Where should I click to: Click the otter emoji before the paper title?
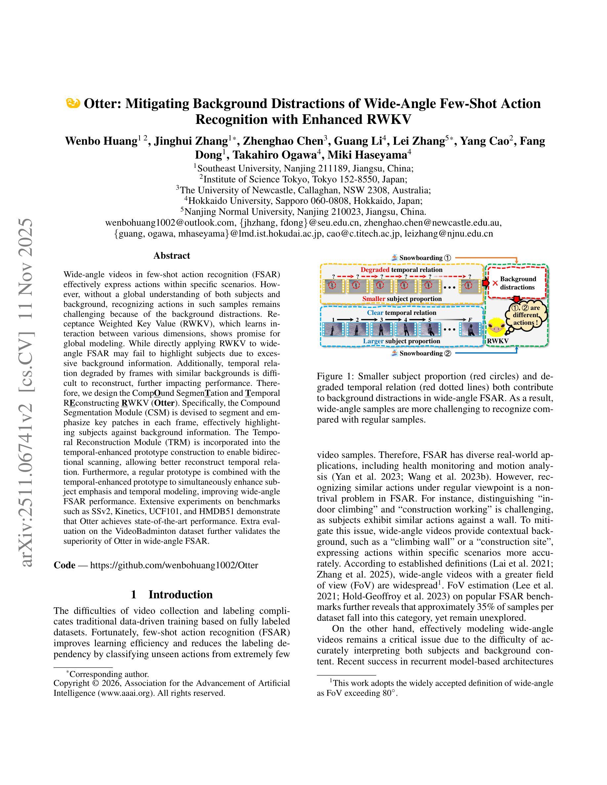(x=73, y=103)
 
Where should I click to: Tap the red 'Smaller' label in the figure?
(x=374, y=299)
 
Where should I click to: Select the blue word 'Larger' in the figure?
(x=373, y=341)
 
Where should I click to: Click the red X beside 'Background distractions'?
(x=495, y=283)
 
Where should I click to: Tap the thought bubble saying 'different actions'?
(x=526, y=315)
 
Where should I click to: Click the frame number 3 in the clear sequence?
(x=381, y=319)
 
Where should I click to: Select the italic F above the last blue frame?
(x=470, y=319)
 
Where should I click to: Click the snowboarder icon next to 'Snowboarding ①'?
(x=394, y=258)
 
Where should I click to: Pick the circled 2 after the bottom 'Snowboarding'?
(x=447, y=353)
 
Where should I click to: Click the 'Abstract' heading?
(x=172, y=256)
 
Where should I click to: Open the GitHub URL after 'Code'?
(x=174, y=565)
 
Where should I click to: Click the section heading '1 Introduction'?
(x=172, y=594)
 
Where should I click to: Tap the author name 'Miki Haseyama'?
(x=372, y=155)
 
